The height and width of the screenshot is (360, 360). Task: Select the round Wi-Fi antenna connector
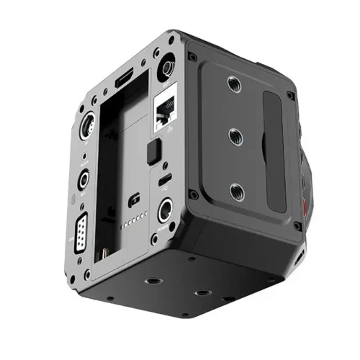pyautogui.click(x=166, y=69)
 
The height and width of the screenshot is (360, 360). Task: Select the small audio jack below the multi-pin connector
pyautogui.click(x=84, y=179)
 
